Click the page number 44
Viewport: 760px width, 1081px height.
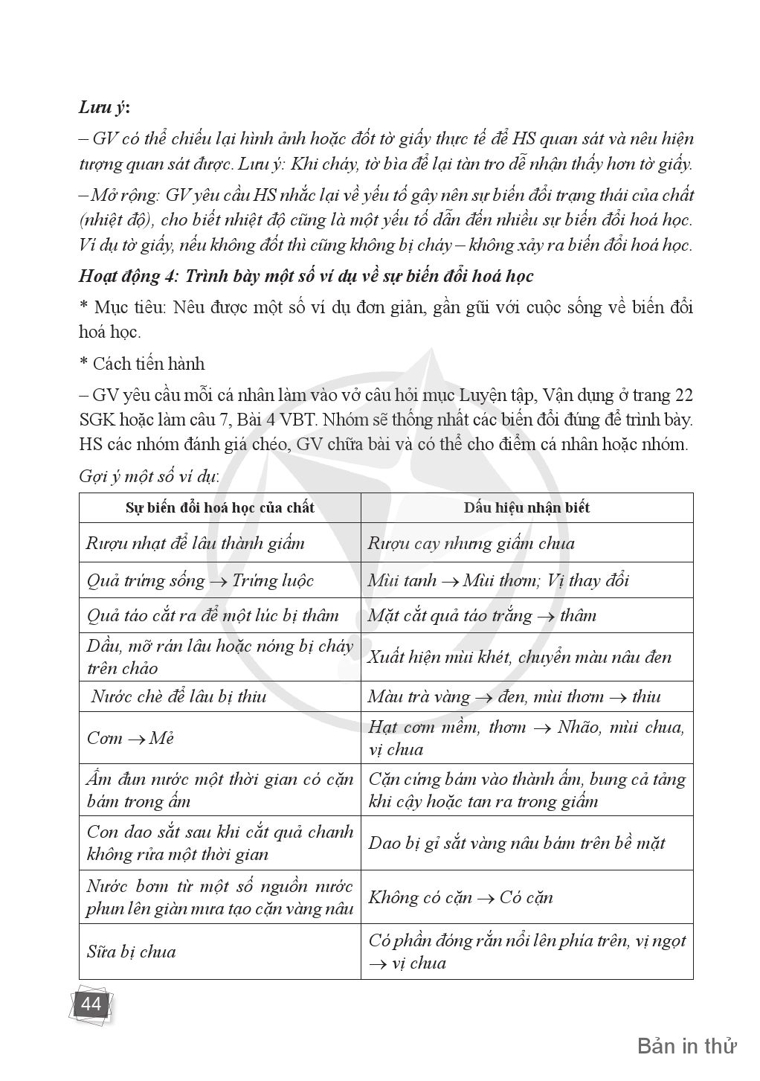pos(91,1005)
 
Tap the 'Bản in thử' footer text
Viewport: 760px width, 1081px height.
pos(686,1046)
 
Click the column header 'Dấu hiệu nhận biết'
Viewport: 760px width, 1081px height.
pos(526,508)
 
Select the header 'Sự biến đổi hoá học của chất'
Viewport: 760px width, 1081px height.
pos(219,508)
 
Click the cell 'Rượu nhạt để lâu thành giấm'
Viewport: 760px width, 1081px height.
pos(196,543)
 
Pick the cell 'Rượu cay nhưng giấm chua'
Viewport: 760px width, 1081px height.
pos(471,543)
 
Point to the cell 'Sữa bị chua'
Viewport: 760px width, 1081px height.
pos(132,952)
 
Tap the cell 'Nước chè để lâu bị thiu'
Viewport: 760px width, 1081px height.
pos(178,696)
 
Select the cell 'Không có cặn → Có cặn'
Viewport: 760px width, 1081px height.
pos(460,897)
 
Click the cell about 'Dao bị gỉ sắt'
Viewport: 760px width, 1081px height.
pos(516,843)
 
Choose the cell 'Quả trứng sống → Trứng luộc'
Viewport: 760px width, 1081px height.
pos(200,580)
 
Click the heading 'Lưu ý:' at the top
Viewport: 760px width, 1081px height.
pos(104,107)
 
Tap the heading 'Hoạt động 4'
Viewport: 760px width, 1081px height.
pos(306,276)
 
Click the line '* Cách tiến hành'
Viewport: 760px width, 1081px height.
pos(141,364)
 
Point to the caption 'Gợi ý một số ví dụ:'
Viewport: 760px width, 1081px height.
pos(149,477)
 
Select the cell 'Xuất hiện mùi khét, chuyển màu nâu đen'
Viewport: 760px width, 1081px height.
pos(519,657)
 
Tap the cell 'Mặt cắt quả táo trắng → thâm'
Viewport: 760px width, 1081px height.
pos(482,616)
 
